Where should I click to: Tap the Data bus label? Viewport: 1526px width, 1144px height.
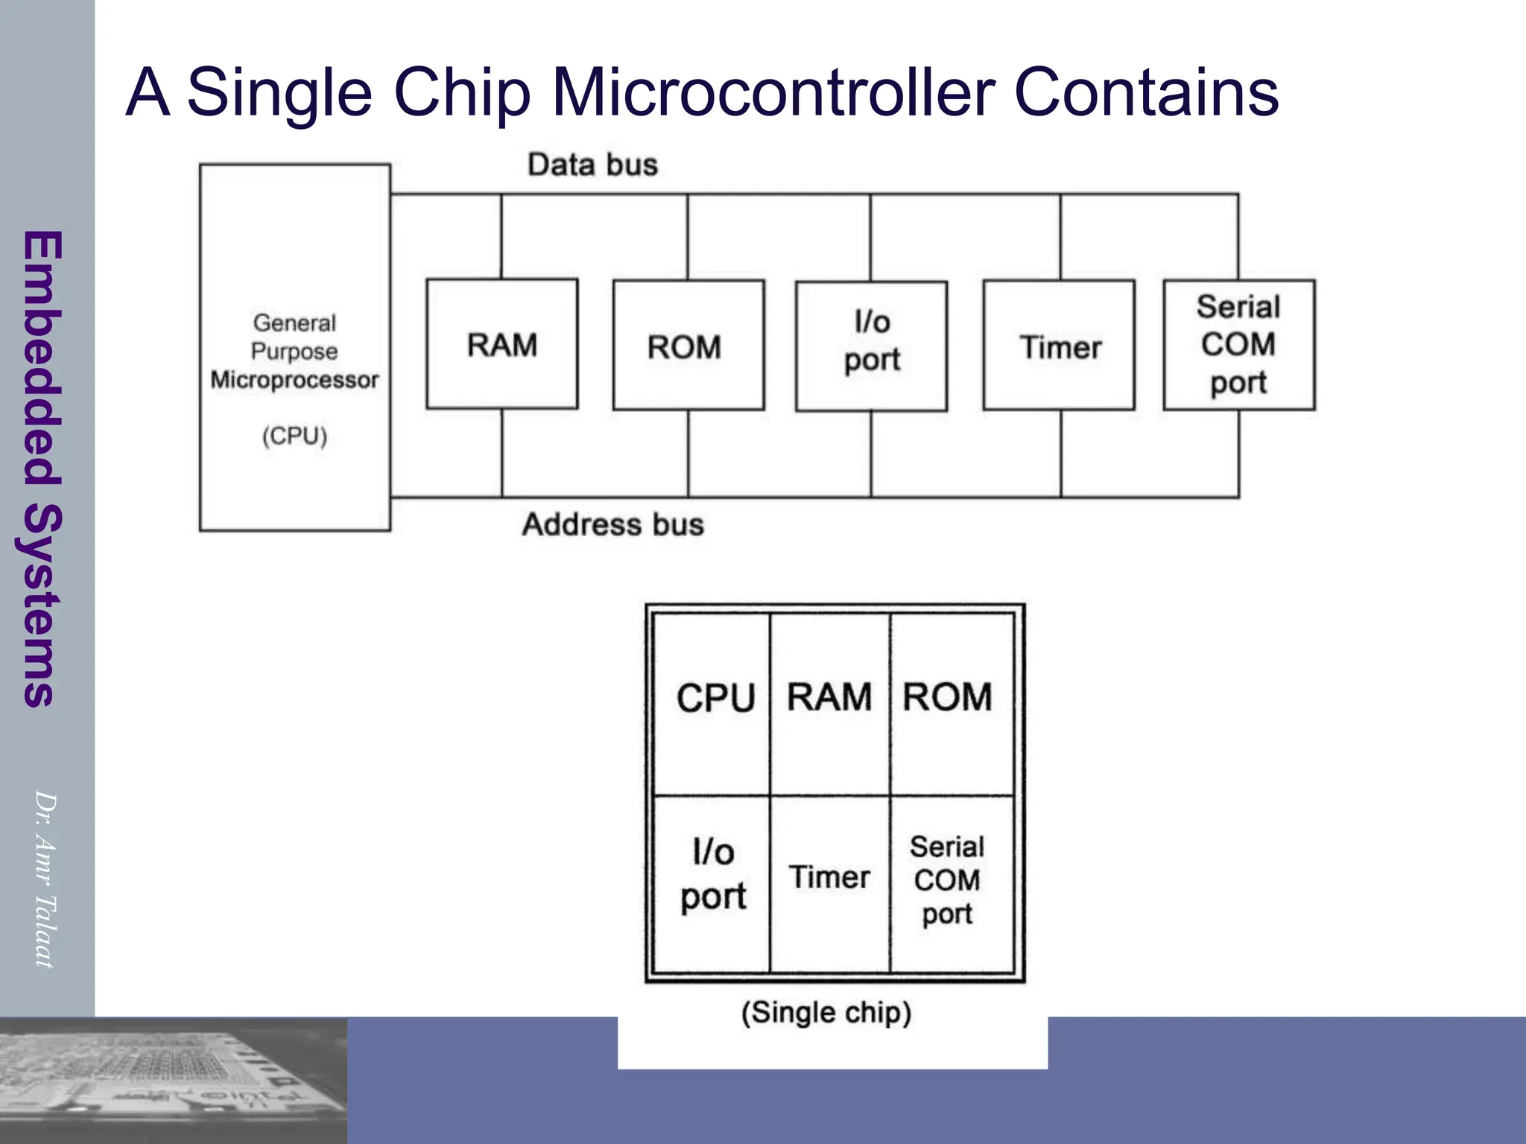click(592, 165)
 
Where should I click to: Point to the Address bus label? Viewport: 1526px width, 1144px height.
click(612, 524)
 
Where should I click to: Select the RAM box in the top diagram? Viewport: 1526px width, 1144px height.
click(501, 345)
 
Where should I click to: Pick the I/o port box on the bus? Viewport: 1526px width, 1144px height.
click(871, 346)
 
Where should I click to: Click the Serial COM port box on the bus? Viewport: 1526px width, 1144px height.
click(1238, 345)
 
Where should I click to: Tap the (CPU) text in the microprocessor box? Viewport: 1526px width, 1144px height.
click(294, 436)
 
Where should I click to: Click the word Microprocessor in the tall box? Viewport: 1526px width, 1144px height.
click(294, 380)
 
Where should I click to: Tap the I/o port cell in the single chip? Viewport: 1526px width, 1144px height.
click(713, 875)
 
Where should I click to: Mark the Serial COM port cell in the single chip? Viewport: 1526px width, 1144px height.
click(947, 880)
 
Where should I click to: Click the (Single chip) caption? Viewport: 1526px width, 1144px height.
click(826, 1013)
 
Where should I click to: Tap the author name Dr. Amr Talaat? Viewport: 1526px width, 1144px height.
click(45, 879)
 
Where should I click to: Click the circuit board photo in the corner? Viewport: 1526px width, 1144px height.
click(173, 1080)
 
